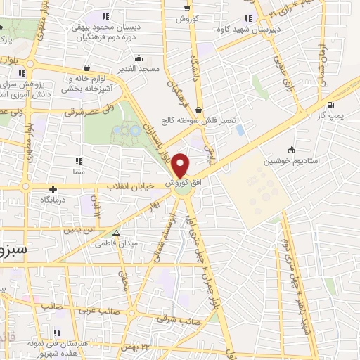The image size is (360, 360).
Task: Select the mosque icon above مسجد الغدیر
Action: point(139,58)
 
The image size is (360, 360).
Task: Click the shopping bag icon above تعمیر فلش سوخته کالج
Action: point(200,110)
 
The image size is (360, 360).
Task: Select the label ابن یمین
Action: point(78,230)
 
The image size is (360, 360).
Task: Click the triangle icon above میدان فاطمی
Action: point(117,233)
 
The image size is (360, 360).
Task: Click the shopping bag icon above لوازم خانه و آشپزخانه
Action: point(86,68)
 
